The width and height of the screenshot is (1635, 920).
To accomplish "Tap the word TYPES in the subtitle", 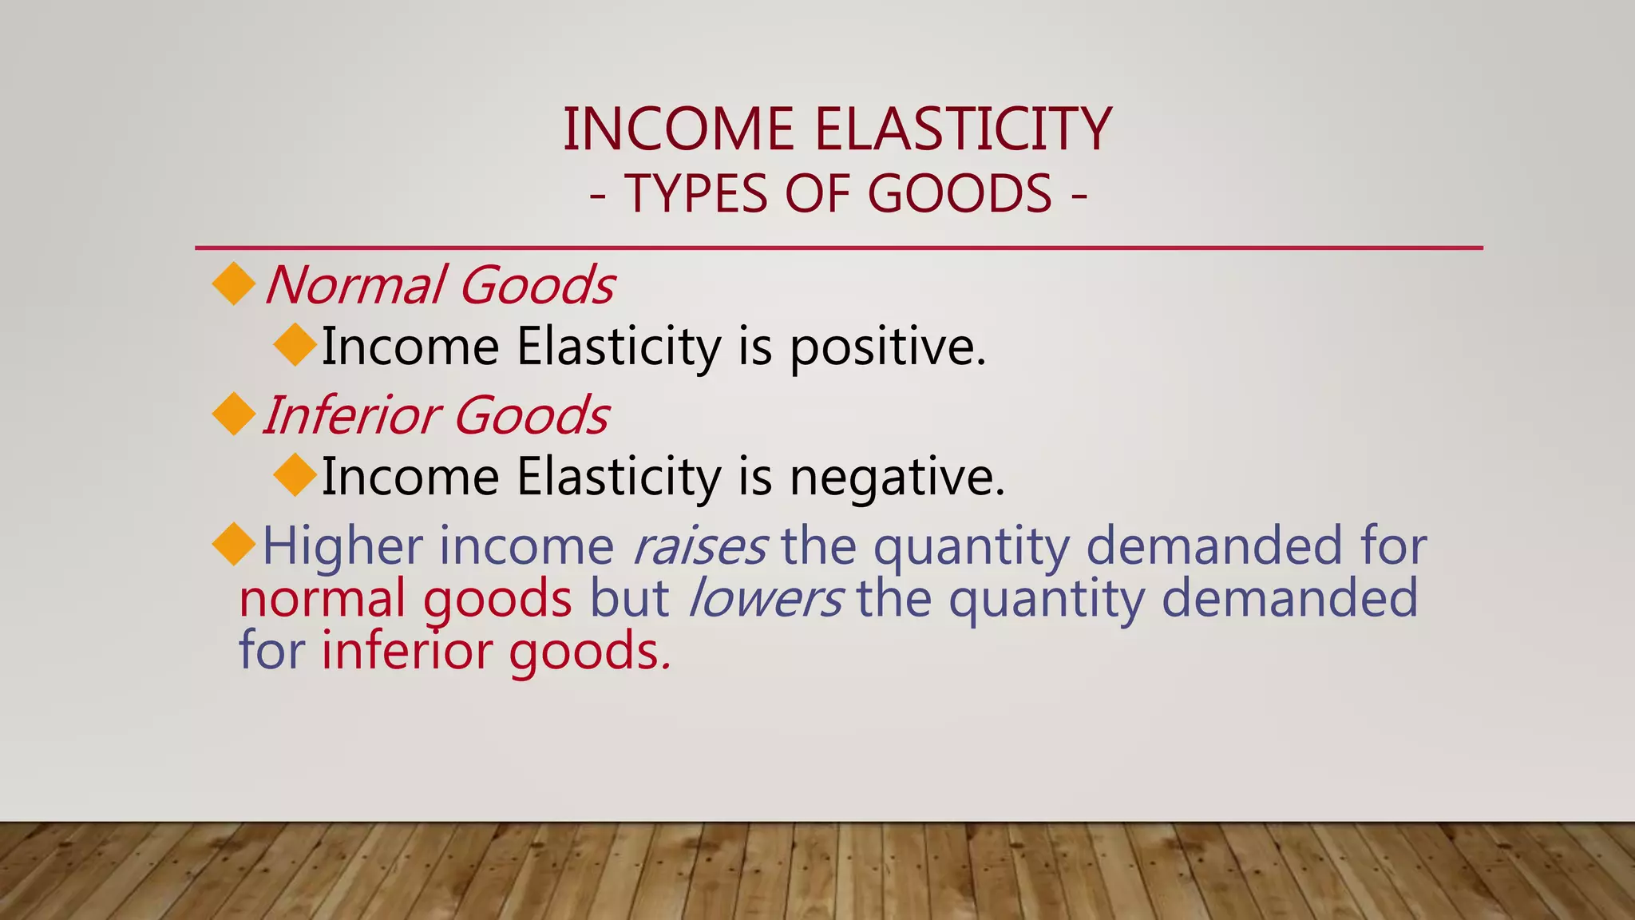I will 695,194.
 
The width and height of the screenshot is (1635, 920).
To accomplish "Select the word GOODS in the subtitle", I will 960,194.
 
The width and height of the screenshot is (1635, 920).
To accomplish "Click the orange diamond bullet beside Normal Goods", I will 234,284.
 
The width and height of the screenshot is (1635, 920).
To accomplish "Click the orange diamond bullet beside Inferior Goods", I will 234,414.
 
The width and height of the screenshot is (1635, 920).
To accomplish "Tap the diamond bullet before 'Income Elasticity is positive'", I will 295,345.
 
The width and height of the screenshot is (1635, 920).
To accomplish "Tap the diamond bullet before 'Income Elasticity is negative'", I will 295,475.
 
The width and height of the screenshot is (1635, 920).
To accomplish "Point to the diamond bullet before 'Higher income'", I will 234,545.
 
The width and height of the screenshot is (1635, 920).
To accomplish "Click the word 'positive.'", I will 888,348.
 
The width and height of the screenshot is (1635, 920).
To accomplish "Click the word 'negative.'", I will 897,478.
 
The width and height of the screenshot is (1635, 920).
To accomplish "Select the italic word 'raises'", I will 699,546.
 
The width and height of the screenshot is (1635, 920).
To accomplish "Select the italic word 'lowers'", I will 765,599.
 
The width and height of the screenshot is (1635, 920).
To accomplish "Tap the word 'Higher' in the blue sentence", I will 342,548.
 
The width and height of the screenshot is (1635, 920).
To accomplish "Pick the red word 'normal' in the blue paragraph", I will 322,599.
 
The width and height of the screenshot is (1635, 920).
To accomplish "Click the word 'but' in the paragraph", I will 629,599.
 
